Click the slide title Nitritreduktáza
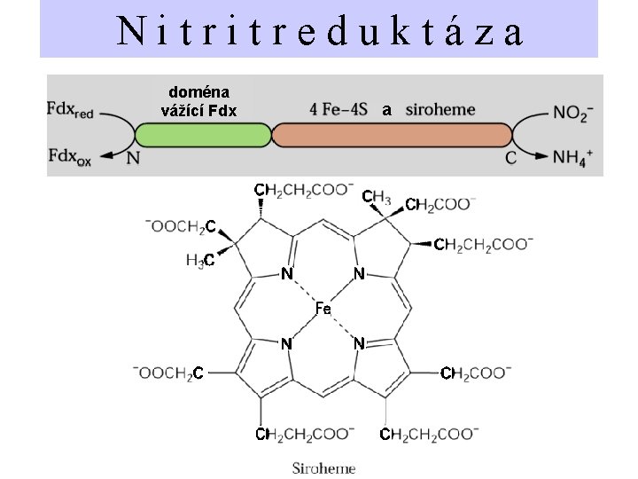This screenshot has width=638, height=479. pyautogui.click(x=320, y=30)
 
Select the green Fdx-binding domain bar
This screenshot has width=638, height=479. pyautogui.click(x=203, y=135)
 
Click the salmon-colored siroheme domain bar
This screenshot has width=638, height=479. pyautogui.click(x=392, y=135)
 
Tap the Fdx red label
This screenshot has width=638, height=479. pyautogui.click(x=70, y=110)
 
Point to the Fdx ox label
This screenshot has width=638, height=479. pyautogui.click(x=70, y=157)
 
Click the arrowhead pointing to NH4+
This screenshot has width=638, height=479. pyautogui.click(x=542, y=155)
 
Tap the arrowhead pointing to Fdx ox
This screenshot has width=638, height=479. pyautogui.click(x=106, y=155)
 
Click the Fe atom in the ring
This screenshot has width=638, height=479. pyautogui.click(x=323, y=309)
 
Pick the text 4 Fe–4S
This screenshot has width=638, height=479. pyautogui.click(x=338, y=110)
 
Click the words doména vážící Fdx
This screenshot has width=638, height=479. pyautogui.click(x=199, y=101)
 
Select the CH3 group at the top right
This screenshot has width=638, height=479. pyautogui.click(x=377, y=197)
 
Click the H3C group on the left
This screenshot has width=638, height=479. pyautogui.click(x=200, y=260)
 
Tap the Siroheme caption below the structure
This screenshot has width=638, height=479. pyautogui.click(x=324, y=468)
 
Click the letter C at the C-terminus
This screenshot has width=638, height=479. pyautogui.click(x=510, y=158)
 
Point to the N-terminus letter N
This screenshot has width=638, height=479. pyautogui.click(x=133, y=158)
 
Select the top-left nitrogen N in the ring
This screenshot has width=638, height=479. pyautogui.click(x=287, y=274)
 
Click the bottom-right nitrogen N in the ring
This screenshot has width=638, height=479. pyautogui.click(x=359, y=344)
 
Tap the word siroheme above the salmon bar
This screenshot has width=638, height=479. pyautogui.click(x=440, y=110)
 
